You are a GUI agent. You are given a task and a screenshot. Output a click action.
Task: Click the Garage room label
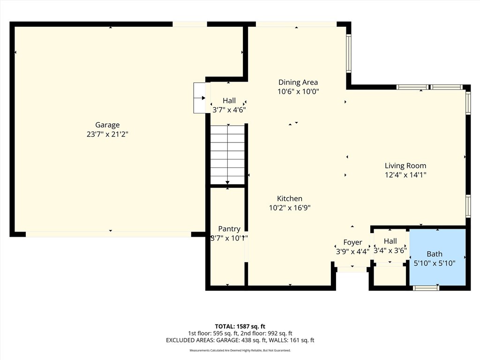coord(107,125)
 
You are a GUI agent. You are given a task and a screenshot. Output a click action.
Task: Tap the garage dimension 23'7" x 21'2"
coord(107,134)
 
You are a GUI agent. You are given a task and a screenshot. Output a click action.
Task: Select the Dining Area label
coord(298,82)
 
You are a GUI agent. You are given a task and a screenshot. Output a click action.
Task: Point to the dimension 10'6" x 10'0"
coord(298,92)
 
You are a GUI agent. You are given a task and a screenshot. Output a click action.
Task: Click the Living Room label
coord(405,165)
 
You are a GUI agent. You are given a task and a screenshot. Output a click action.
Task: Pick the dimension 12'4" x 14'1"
coord(405,175)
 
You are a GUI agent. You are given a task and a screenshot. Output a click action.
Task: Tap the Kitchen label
coord(289,199)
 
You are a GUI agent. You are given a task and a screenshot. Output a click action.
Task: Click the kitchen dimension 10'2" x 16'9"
coord(289,208)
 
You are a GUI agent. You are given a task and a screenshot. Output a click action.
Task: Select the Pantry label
coord(229,229)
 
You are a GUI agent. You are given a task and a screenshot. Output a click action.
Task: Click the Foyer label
coord(352,242)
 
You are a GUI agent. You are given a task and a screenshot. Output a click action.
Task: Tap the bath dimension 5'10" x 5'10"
coord(435,263)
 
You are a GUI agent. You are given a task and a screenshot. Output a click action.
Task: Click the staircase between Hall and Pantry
coord(228,155)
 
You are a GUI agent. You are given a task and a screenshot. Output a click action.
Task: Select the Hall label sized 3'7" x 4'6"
coord(229,101)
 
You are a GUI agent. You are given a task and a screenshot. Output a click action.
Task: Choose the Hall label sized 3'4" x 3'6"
coord(390,241)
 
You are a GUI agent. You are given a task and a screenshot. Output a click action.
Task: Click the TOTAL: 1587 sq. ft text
coord(240,326)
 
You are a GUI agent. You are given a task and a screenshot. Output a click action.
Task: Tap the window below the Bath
coord(426,288)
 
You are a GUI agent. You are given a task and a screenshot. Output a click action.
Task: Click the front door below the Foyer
coord(352,270)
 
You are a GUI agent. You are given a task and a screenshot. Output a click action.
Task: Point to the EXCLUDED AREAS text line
coord(240,340)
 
